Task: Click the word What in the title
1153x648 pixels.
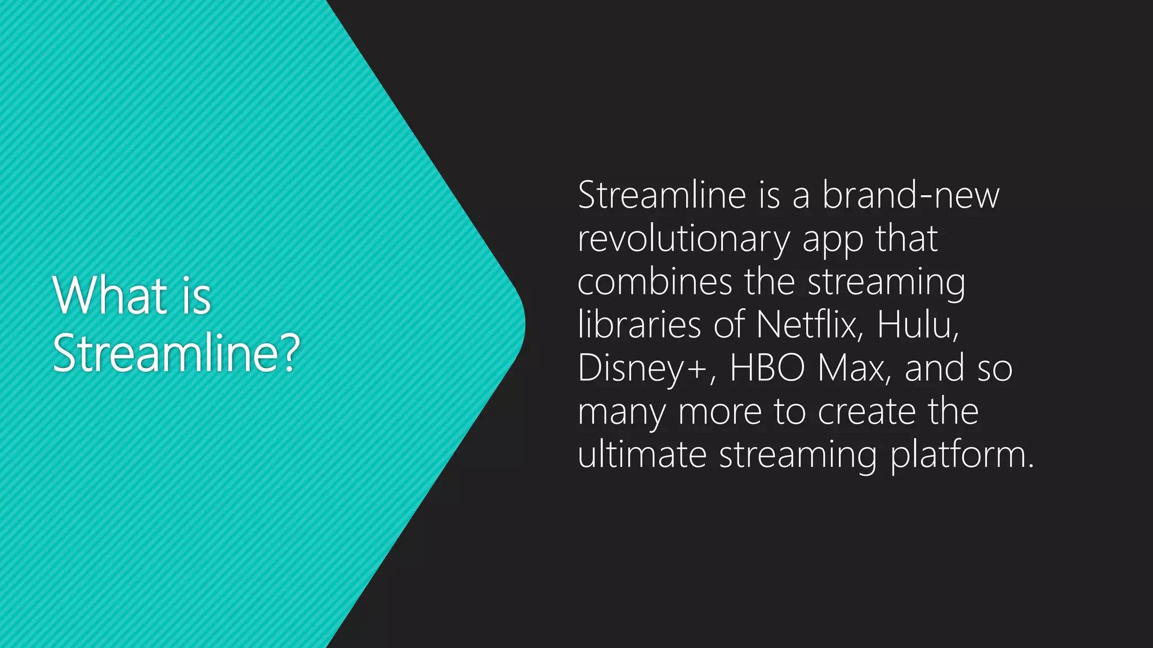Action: click(x=110, y=296)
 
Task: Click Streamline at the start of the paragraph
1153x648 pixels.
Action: click(x=662, y=195)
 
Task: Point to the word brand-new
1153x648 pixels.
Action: click(x=910, y=195)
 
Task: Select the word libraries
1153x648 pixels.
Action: click(x=640, y=325)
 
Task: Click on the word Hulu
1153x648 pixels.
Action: click(x=916, y=325)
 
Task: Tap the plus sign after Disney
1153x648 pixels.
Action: click(x=695, y=369)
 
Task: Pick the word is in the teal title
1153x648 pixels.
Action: click(x=196, y=296)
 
